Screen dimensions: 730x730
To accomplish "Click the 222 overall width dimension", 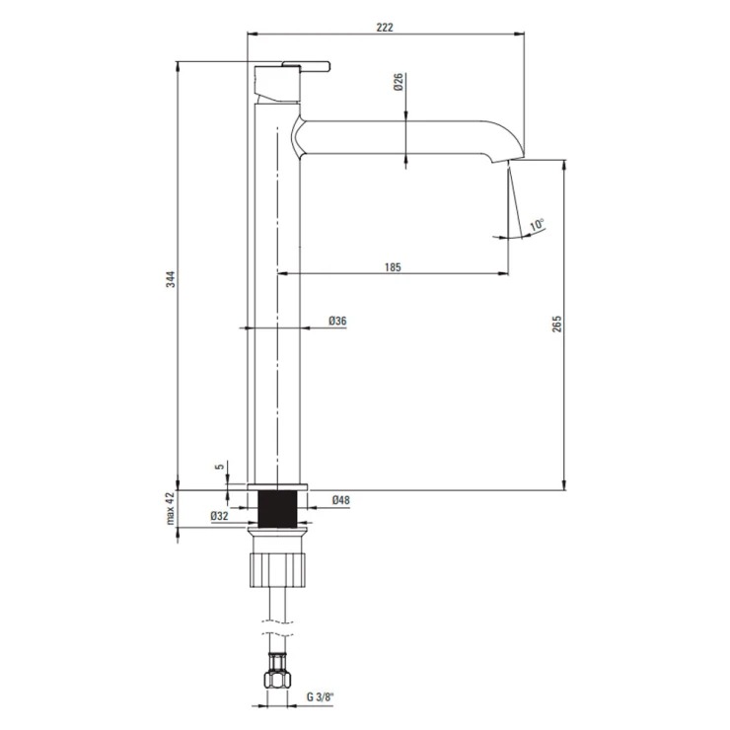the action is click(385, 27).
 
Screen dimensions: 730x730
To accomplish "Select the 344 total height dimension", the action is click(171, 278).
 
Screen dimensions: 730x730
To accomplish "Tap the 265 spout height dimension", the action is click(556, 324).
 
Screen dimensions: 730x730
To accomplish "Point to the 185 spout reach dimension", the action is click(393, 267).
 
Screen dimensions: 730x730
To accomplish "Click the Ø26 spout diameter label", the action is click(399, 82).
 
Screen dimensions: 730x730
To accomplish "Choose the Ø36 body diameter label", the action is click(337, 321).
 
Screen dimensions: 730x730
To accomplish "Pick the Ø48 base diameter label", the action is click(340, 500).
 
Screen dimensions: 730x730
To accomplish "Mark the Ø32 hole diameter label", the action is click(219, 515).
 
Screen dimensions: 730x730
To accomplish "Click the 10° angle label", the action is click(537, 224).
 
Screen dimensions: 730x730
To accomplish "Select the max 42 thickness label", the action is click(171, 508).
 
